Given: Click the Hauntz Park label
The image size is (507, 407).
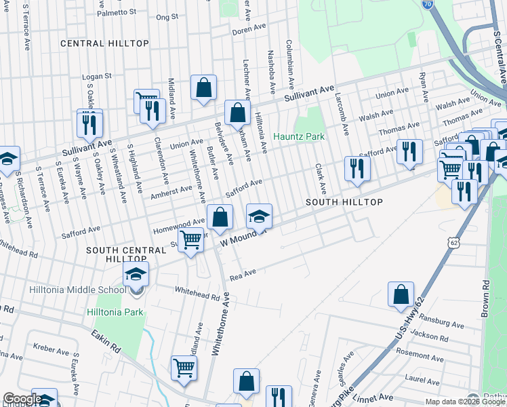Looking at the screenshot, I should [299, 136].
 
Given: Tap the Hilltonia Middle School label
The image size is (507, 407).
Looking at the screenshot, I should [77, 290].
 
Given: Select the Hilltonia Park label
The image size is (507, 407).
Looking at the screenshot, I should [115, 312].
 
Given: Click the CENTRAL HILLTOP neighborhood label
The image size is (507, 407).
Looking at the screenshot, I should [104, 43].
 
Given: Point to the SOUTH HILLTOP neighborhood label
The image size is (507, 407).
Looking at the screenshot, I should [344, 203].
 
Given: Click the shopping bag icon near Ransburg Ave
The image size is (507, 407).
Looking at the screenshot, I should [401, 294].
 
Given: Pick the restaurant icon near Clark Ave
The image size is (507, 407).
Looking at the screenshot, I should [357, 169].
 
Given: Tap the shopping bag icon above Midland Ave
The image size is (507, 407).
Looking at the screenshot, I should [203, 88].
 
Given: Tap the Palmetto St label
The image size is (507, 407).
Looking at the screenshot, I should [117, 12].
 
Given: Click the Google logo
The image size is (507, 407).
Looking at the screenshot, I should [22, 400].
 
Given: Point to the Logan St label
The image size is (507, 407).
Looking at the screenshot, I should [96, 77].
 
